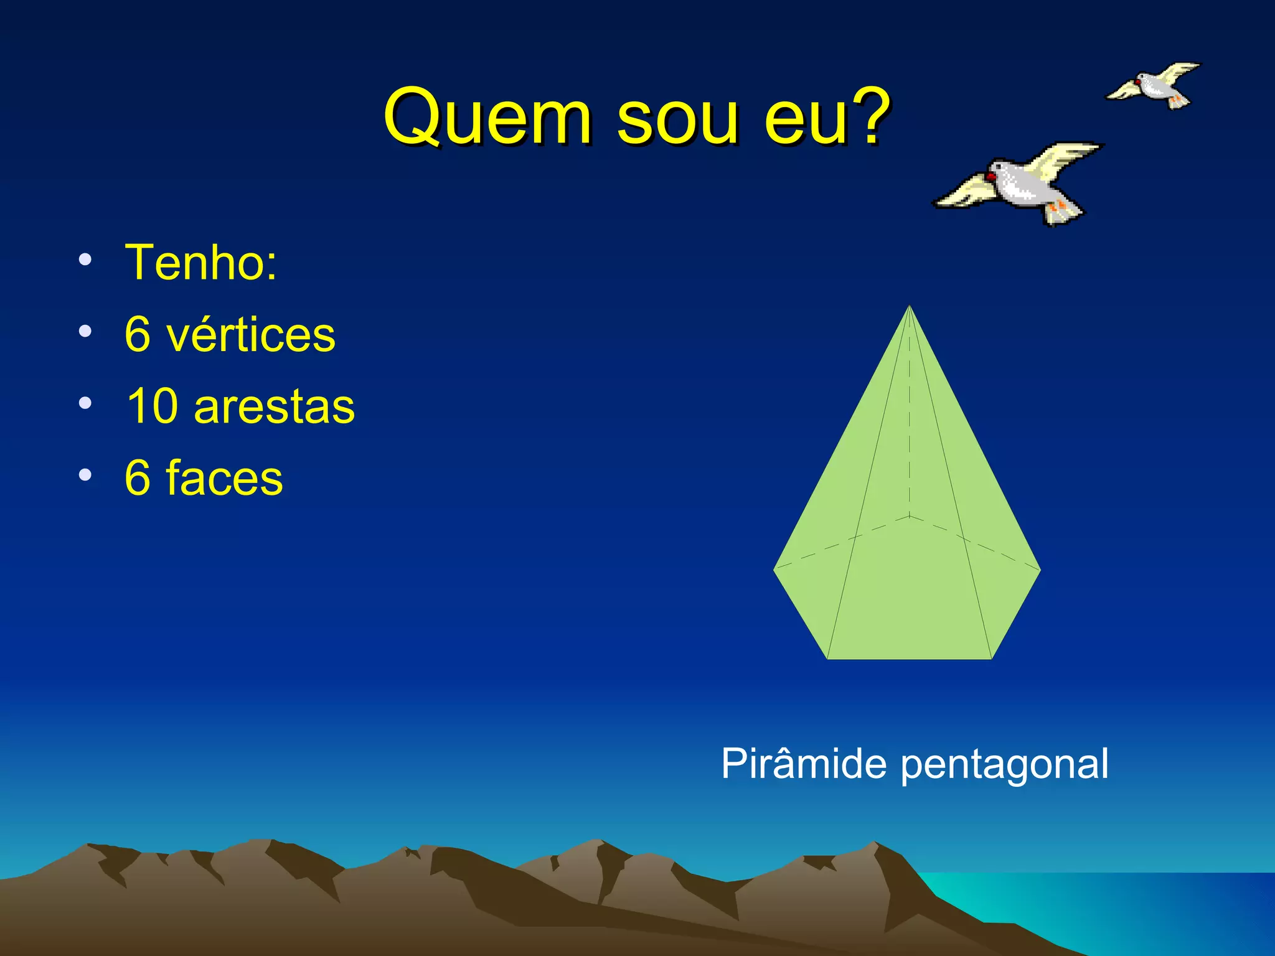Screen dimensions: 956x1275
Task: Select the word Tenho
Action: (200, 263)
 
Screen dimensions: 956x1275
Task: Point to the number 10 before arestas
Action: (149, 406)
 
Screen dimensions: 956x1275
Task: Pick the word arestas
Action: (274, 408)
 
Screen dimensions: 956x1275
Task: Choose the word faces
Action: (224, 478)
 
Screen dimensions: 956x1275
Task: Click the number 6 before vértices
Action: (138, 335)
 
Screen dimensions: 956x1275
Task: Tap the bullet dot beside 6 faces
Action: (85, 475)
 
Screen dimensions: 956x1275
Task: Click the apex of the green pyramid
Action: (910, 306)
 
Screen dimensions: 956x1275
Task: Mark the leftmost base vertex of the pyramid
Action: (774, 569)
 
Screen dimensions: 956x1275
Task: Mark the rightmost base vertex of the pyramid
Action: (1040, 569)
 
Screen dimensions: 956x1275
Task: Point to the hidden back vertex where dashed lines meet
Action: (910, 516)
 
